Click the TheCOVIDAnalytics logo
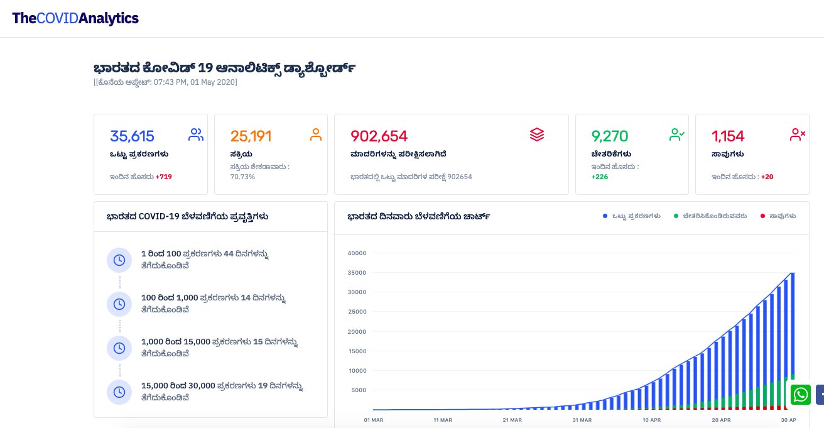75,18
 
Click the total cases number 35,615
132,136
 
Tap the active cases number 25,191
251,136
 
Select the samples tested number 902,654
379,136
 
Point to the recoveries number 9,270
610,136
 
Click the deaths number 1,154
728,136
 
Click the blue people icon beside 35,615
196,134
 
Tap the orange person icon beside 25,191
316,134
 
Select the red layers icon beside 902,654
537,134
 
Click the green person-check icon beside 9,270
677,134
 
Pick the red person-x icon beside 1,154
798,134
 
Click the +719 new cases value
164,177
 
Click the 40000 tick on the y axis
356,253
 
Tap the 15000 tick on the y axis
356,351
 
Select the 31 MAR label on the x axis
582,419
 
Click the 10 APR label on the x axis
652,419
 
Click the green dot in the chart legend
676,216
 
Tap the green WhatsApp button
801,394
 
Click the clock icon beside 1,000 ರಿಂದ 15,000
119,348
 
